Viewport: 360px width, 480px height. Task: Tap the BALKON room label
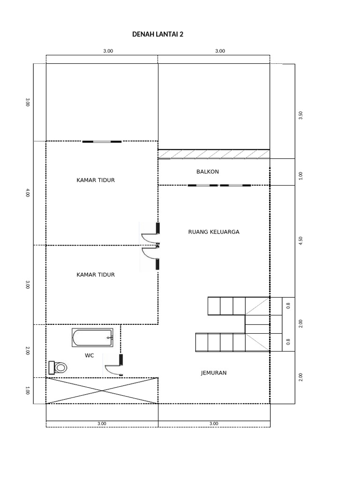pyautogui.click(x=207, y=172)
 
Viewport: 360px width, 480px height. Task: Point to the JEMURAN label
pyautogui.click(x=214, y=373)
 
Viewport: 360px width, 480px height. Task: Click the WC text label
pyautogui.click(x=89, y=355)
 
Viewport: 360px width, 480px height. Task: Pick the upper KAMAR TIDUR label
pyautogui.click(x=96, y=180)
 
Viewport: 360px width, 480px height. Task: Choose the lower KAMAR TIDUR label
pyautogui.click(x=96, y=275)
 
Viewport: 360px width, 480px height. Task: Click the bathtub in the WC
pyautogui.click(x=92, y=338)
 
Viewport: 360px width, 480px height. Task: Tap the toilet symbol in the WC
pyautogui.click(x=58, y=367)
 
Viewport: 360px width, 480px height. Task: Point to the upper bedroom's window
pyautogui.click(x=102, y=141)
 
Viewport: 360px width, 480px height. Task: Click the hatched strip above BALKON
pyautogui.click(x=214, y=154)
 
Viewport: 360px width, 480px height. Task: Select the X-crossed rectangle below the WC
pyautogui.click(x=102, y=390)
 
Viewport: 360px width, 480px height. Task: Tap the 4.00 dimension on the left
pyautogui.click(x=28, y=193)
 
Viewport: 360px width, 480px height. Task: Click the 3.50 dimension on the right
pyautogui.click(x=300, y=115)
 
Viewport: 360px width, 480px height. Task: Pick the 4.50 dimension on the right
pyautogui.click(x=300, y=240)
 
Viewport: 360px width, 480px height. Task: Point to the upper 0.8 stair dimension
pyautogui.click(x=288, y=306)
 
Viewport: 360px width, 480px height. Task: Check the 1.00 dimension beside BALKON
pyautogui.click(x=300, y=176)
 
